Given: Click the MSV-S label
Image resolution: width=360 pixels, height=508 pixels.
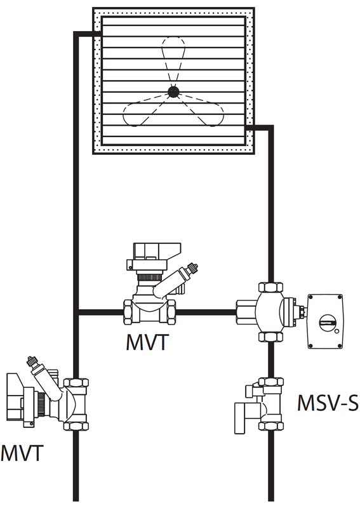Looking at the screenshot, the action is pos(328,403).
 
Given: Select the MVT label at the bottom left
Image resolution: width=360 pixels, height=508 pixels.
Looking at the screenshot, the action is pos(22,453).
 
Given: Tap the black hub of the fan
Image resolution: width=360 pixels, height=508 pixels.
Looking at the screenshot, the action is pos(173,91).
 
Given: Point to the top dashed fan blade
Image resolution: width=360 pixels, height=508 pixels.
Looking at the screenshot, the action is pos(173,60).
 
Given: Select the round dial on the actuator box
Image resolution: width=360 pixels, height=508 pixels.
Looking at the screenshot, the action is pos(327,323).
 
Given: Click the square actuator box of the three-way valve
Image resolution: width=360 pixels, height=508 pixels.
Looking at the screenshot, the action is pos(325,321).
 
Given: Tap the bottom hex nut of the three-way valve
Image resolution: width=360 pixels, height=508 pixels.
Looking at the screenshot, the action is pos(270,337).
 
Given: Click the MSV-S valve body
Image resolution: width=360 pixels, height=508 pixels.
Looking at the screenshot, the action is pos(270,404).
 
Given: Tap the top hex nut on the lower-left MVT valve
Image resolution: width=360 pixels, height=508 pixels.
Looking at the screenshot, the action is pos(76,384).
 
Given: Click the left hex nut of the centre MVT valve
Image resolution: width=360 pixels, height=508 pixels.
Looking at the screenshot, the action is pos(128,312).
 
